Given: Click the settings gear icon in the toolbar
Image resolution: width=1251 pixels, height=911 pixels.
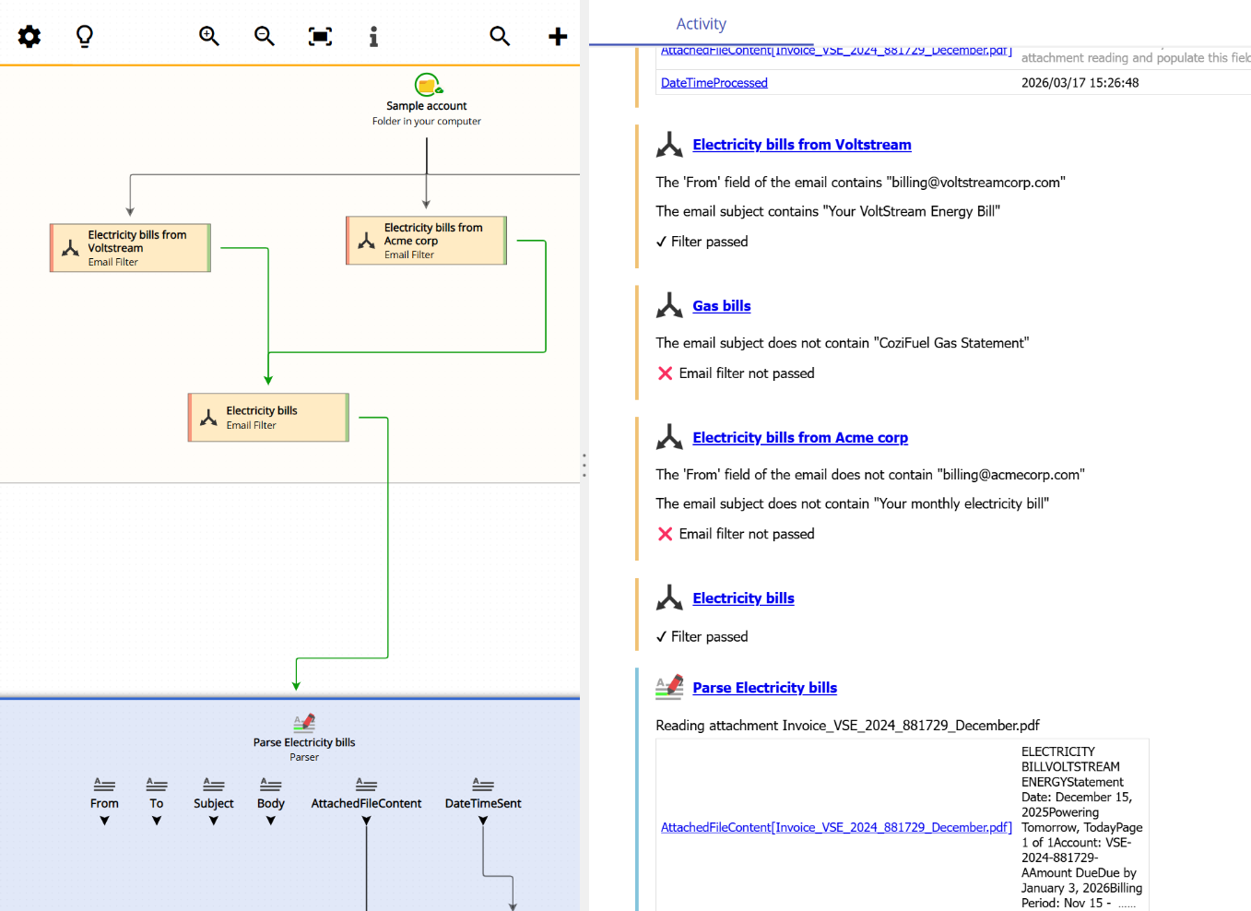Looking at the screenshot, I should click(30, 36).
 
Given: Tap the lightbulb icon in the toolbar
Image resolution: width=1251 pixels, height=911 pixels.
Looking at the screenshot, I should click(85, 36).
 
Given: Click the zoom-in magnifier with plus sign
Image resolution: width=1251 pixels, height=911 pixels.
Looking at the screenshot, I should click(209, 36).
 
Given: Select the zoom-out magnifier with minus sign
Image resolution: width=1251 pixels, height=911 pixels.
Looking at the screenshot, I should click(265, 36).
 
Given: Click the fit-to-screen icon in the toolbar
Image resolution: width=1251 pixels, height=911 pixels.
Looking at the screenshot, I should click(320, 36).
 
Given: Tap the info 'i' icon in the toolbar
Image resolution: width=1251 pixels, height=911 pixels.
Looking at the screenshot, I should click(373, 36).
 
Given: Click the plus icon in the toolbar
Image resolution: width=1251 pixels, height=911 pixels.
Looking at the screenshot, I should click(558, 36).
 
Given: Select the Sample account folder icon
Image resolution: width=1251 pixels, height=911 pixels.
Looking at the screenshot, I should click(427, 85).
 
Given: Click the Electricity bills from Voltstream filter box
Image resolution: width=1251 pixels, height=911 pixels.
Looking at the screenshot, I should click(130, 248).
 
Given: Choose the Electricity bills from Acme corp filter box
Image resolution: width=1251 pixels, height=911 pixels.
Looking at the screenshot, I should click(426, 241).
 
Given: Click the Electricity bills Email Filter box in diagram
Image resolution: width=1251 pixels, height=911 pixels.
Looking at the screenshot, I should click(268, 418).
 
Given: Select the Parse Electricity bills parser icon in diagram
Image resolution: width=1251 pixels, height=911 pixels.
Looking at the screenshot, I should click(304, 723).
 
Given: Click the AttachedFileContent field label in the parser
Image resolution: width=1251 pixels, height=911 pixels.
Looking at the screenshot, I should click(366, 803).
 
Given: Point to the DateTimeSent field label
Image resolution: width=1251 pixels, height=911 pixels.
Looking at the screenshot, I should click(483, 803).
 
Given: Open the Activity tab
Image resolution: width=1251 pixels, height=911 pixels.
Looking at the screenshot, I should click(701, 24).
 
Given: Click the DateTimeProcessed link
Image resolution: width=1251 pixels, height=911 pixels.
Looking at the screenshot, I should click(714, 83).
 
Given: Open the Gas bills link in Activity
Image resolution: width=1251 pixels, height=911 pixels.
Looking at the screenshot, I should click(722, 306).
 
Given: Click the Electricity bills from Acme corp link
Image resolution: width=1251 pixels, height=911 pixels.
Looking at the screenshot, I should click(800, 438).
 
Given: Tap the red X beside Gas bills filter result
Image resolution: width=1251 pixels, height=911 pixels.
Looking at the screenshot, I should click(665, 373).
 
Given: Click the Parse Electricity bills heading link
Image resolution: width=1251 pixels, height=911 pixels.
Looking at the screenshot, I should click(764, 688).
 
